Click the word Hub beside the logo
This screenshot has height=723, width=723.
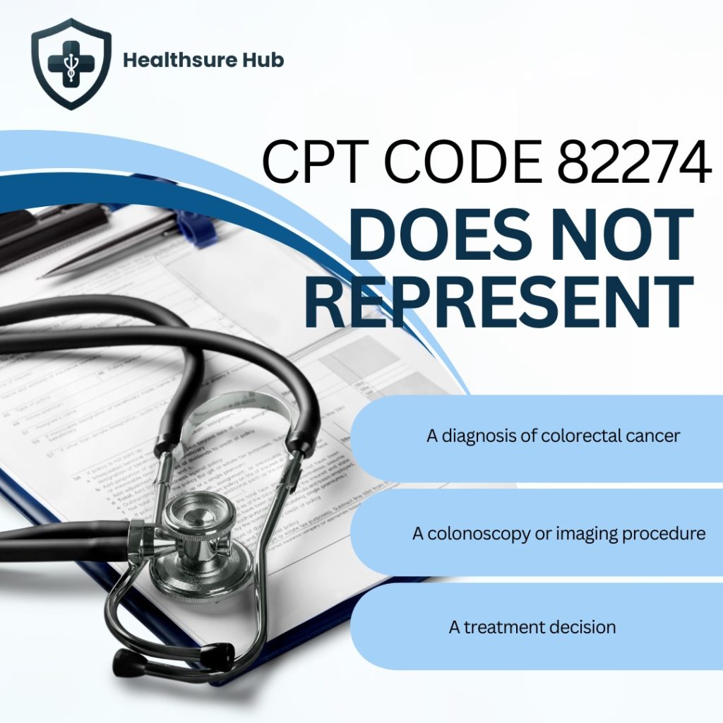(x=261, y=60)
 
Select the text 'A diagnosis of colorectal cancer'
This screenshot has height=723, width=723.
(x=553, y=436)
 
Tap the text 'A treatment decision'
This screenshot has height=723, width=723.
(x=532, y=627)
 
